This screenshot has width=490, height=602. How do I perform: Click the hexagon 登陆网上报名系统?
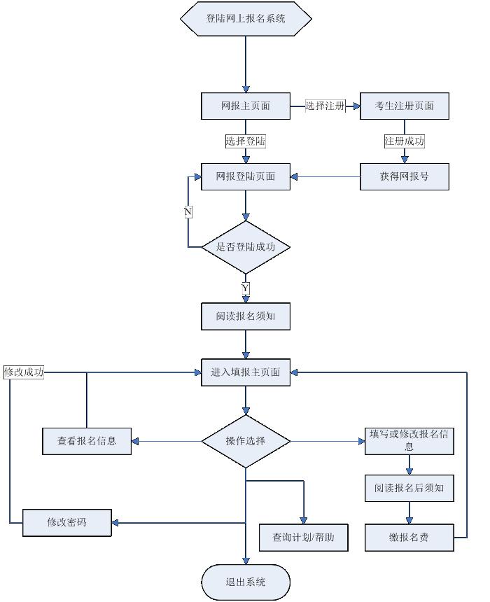pos(246,19)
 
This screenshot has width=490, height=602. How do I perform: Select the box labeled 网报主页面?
pos(246,106)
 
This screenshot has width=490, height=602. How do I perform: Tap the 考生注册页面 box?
pos(404,106)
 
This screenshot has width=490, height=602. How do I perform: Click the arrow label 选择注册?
pos(325,106)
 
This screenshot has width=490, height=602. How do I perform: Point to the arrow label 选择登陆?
pos(246,141)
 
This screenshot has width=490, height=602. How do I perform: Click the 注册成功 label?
pos(405,141)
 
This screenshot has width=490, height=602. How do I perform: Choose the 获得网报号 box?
pos(404,176)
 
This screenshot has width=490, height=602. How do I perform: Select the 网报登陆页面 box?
pos(246,176)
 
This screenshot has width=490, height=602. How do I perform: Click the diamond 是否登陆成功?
pos(246,247)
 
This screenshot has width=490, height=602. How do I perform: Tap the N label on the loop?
pos(188,211)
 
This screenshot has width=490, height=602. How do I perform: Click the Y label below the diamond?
pos(246,288)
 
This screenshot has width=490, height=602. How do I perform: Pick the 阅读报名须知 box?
pos(246,316)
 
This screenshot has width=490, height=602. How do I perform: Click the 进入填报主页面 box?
pos(246,372)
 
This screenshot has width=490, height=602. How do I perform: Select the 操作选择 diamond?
pos(246,441)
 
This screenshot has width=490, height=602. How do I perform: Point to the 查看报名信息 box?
pos(87,441)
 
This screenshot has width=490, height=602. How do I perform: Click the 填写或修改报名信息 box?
pos(409,440)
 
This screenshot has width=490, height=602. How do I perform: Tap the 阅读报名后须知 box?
pos(409,488)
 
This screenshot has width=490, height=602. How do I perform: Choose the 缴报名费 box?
pos(409,537)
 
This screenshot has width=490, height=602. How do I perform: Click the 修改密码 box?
pos(67,522)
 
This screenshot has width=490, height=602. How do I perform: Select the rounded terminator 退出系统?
pos(246,582)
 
